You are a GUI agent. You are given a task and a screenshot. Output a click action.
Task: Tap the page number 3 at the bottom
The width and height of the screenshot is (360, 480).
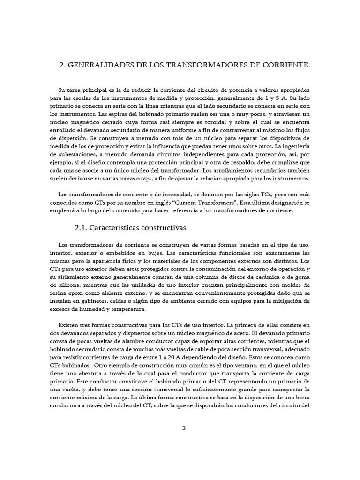[184, 427]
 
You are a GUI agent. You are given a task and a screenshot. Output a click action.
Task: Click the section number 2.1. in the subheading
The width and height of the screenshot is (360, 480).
[81, 228]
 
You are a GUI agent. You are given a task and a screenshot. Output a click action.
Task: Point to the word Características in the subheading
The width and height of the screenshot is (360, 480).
[115, 228]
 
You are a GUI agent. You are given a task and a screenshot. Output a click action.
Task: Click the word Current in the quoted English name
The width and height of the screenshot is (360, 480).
[200, 203]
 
